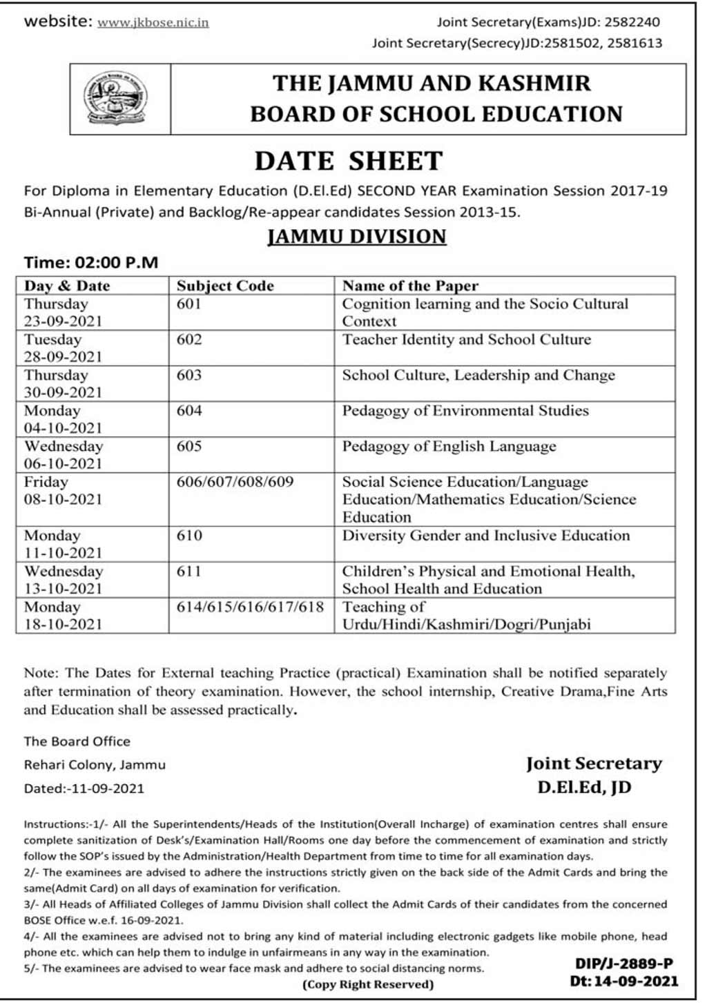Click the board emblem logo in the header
(x=115, y=99)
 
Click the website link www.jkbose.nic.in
(x=153, y=22)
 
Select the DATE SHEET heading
(x=349, y=161)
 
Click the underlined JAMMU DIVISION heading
(x=356, y=236)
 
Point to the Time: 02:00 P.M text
(x=90, y=262)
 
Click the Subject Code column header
(x=225, y=286)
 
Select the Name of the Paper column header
(x=410, y=286)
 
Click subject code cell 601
(x=189, y=304)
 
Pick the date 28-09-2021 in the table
(x=63, y=357)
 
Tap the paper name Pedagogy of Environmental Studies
(x=465, y=411)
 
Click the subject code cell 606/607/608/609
(x=235, y=482)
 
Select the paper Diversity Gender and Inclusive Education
(x=486, y=536)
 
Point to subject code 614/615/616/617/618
(x=250, y=607)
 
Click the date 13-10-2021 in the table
(x=63, y=589)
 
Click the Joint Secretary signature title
(x=593, y=763)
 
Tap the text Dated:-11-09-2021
(x=84, y=788)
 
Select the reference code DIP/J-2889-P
(x=624, y=964)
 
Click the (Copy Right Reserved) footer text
(x=368, y=984)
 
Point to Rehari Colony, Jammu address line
(x=95, y=765)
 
